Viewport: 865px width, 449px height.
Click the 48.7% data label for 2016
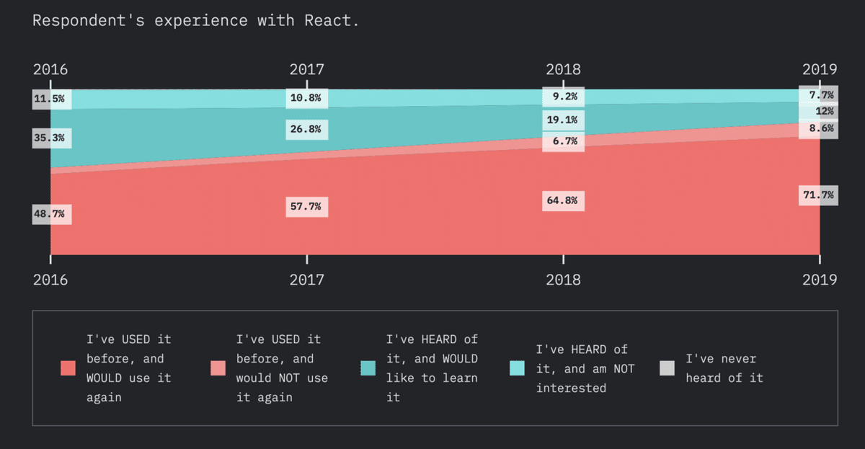point(52,214)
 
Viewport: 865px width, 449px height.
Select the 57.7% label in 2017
point(307,207)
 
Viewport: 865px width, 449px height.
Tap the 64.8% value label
point(563,200)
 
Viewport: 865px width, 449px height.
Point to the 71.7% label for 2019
point(819,195)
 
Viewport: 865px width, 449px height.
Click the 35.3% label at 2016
point(52,138)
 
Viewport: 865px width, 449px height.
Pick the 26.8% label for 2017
point(307,130)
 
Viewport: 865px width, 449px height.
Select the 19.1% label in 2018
point(563,120)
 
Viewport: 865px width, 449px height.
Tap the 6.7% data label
point(563,141)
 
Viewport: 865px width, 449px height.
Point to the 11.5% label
point(52,99)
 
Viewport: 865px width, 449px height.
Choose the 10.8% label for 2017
point(307,97)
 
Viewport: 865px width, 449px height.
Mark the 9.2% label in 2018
point(563,96)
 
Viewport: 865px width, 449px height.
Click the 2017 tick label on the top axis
point(307,70)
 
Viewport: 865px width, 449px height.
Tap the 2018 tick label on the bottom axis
point(563,280)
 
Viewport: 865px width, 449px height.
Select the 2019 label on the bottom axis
point(820,280)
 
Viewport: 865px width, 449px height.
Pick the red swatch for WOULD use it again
point(68,368)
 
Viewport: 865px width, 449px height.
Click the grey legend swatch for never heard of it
point(667,368)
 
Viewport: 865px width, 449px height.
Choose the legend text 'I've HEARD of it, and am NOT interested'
point(585,368)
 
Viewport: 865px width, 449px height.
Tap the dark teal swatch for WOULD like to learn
point(368,368)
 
